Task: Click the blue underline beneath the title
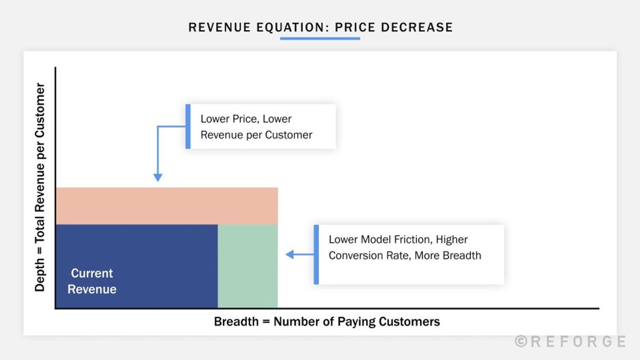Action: click(x=320, y=38)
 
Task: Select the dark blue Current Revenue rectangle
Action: click(x=137, y=266)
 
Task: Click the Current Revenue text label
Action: click(x=92, y=281)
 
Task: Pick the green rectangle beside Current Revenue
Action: click(x=248, y=266)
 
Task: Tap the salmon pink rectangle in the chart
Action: click(x=166, y=206)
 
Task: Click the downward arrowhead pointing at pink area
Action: click(x=157, y=178)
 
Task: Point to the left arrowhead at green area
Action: click(x=290, y=254)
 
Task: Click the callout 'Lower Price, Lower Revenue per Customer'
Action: click(x=261, y=126)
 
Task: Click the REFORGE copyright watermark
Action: click(x=570, y=341)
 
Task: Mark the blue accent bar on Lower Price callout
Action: click(x=188, y=126)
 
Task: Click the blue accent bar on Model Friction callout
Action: click(x=316, y=254)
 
